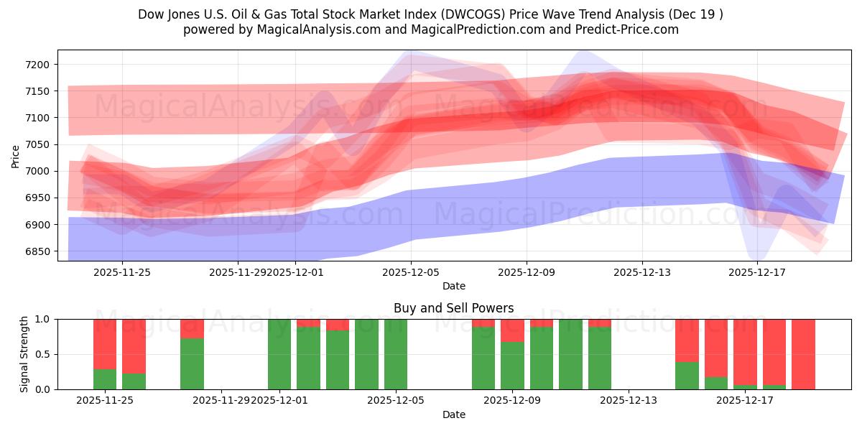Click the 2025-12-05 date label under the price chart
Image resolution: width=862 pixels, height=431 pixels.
click(x=411, y=272)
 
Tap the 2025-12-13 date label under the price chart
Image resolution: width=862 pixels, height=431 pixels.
click(x=641, y=272)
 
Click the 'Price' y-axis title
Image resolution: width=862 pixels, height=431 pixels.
click(x=16, y=155)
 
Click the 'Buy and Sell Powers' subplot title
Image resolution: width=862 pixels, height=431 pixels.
click(x=453, y=308)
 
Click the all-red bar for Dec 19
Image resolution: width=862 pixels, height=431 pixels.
click(x=803, y=354)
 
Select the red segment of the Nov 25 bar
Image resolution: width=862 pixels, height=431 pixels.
click(x=105, y=343)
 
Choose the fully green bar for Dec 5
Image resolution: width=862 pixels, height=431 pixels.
click(x=396, y=354)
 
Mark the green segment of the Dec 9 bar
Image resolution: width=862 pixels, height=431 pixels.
click(x=512, y=366)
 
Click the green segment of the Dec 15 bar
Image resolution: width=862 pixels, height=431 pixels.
click(x=687, y=376)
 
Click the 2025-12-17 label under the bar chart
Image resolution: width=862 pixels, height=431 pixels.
click(x=745, y=400)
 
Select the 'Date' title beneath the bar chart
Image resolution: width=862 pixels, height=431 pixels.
click(x=453, y=414)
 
